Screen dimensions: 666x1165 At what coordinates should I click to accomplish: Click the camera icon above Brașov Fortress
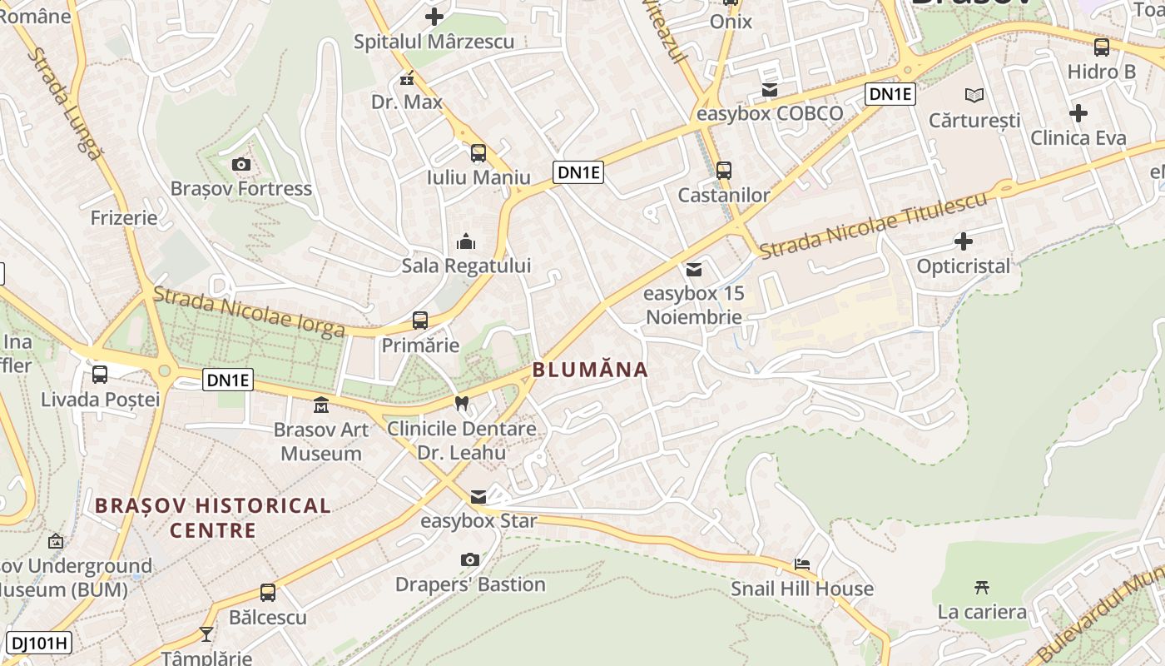[241, 164]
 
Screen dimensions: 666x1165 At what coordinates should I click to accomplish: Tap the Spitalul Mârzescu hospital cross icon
[434, 16]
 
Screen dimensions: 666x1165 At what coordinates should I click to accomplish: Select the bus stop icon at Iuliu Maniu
[478, 152]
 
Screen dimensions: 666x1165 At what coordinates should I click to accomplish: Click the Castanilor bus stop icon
[724, 170]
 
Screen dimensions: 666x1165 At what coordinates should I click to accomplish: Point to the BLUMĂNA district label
[590, 370]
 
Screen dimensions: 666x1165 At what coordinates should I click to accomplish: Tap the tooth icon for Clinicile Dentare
[462, 403]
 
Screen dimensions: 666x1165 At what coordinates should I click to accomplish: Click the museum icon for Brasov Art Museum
[321, 405]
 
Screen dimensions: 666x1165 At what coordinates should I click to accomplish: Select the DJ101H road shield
[38, 643]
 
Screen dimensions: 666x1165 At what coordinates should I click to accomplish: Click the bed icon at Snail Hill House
[802, 564]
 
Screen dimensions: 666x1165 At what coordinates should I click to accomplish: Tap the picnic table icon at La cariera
[982, 587]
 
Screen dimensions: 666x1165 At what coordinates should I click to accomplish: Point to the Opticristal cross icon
[964, 241]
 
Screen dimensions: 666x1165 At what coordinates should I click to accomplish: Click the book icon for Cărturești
[974, 95]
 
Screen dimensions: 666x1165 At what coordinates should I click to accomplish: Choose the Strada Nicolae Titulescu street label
[874, 223]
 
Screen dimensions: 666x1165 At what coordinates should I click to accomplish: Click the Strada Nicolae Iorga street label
[250, 312]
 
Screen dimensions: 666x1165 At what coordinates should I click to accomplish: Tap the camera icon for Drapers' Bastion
[470, 559]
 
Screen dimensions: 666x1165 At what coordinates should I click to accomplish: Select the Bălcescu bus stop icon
[268, 593]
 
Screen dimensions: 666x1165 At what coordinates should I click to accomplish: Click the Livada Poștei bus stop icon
[100, 375]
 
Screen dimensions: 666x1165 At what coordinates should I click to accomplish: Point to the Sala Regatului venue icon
[466, 241]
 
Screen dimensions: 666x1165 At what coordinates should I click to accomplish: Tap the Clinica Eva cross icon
[1078, 112]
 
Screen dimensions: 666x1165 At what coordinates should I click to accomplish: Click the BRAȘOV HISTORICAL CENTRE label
[213, 517]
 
